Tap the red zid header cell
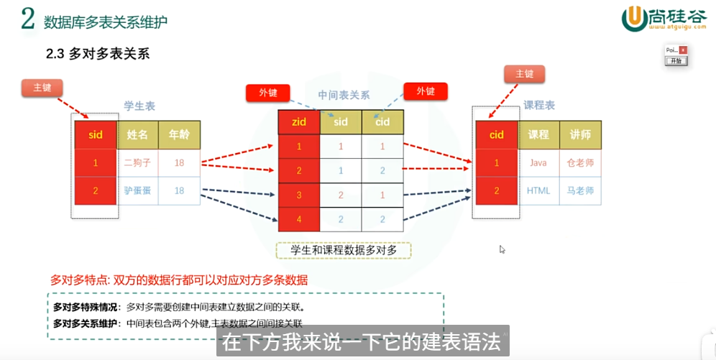[x=299, y=121]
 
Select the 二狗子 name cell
[x=137, y=163]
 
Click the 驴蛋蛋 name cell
[x=137, y=191]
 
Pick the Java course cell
[x=538, y=163]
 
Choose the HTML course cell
[x=538, y=191]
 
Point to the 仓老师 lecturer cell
[x=580, y=163]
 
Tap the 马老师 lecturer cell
[x=580, y=191]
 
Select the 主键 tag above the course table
[x=524, y=73]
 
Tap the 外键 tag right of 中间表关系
[x=426, y=91]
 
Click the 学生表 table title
[x=139, y=106]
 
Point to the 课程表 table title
[x=538, y=105]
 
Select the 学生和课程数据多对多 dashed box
[x=344, y=250]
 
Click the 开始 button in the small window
[x=676, y=61]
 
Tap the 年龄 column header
[x=179, y=134]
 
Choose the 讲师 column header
[x=580, y=134]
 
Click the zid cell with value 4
[x=299, y=219]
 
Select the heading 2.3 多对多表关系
[x=97, y=55]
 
